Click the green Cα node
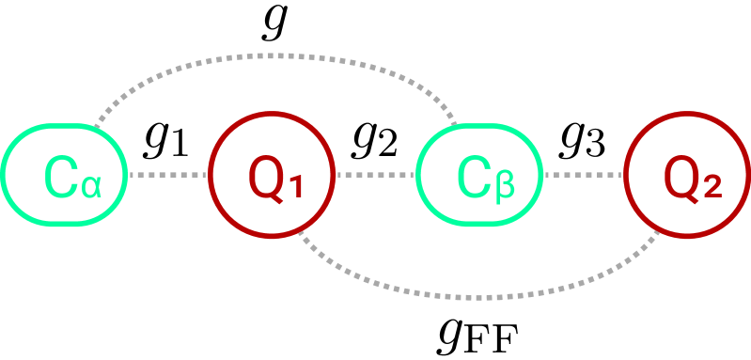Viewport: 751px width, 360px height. coord(65,175)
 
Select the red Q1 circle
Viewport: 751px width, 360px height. coord(272,175)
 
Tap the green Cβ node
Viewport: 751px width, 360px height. coord(480,175)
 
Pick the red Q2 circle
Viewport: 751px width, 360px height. coord(689,175)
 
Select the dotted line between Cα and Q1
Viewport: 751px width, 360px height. coord(167,175)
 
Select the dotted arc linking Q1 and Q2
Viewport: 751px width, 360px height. coord(480,294)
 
